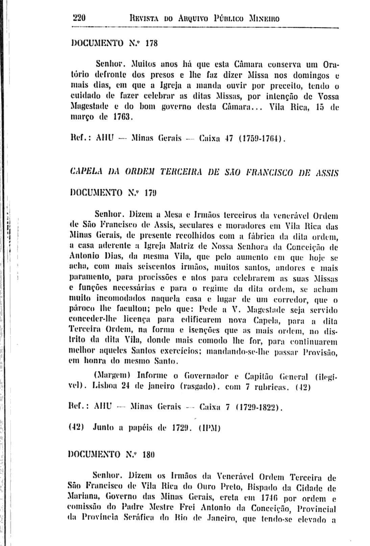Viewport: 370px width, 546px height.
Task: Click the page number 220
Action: [x=80, y=18]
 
